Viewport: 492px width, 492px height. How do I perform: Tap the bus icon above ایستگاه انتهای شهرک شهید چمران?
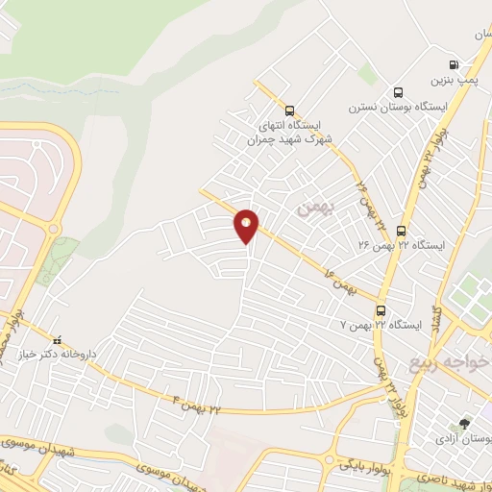[290, 111]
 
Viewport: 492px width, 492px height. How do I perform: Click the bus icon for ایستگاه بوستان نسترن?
[398, 92]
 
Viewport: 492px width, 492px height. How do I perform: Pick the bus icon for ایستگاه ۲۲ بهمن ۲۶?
[401, 231]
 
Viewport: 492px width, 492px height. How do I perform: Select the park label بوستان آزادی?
[463, 439]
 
